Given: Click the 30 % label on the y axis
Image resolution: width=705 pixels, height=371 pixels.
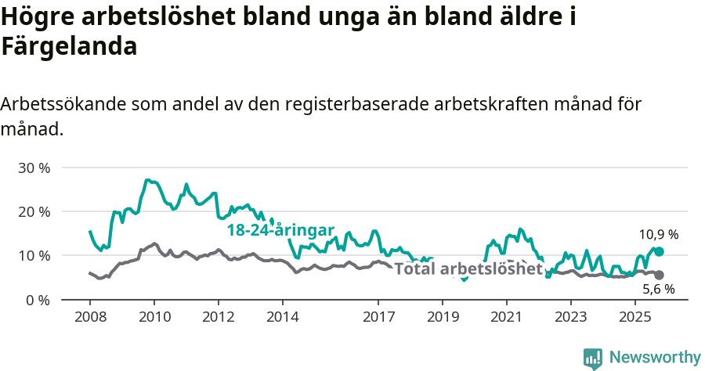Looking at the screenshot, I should click(34, 168).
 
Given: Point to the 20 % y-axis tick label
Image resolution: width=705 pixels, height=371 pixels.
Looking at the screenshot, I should click(34, 212).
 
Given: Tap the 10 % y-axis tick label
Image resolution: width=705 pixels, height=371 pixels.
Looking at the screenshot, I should click(34, 256).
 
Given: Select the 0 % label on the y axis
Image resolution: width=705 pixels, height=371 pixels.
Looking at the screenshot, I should click(38, 300).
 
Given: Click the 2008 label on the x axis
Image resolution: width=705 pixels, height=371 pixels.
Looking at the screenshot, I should click(89, 317).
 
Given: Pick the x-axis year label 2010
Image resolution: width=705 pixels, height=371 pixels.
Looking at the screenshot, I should click(154, 317).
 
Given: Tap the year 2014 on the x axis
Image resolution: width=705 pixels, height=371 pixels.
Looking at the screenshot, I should click(282, 317).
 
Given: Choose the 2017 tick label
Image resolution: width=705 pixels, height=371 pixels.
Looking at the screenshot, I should click(378, 317).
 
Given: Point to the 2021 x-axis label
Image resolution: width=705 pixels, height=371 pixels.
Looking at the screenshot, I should click(506, 317).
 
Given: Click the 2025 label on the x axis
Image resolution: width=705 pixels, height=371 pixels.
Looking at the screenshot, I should click(634, 317).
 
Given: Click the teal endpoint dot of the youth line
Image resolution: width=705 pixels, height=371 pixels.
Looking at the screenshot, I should click(659, 251).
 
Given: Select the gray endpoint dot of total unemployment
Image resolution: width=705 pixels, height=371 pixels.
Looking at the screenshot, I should click(659, 275).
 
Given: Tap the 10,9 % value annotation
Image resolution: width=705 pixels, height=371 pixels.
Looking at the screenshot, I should click(658, 234).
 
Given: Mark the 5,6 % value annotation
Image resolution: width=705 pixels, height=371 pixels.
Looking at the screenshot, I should click(659, 290).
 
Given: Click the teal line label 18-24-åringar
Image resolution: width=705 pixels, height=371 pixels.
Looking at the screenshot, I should click(280, 230).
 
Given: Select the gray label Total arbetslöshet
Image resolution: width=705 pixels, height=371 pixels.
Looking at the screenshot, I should click(468, 269).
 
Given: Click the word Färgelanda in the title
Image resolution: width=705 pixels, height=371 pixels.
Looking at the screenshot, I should click(70, 47).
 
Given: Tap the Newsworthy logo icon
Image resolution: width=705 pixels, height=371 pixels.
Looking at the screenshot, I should click(593, 358).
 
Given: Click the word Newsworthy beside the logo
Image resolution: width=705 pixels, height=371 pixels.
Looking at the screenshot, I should click(655, 358).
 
